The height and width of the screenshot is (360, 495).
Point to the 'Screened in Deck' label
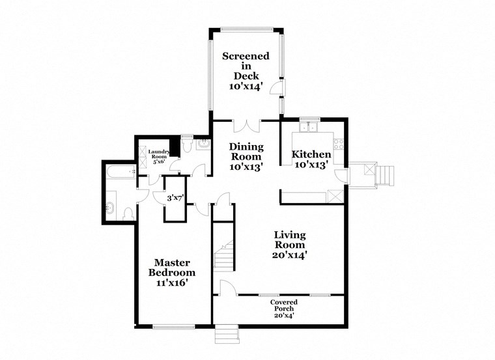click(244, 71)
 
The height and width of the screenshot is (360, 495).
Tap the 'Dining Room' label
click(246, 157)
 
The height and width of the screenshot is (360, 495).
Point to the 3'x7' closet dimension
click(175, 197)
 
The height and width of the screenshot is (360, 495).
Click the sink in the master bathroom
click(109, 209)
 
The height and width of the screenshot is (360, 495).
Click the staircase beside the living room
click(224, 256)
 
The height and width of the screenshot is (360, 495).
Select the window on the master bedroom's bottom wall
click(173, 325)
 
